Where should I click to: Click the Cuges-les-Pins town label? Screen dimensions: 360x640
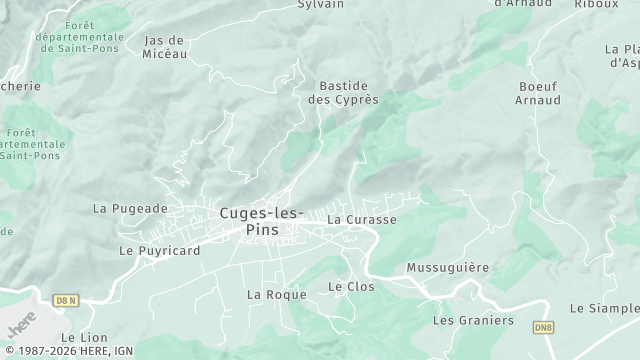coord(262,221)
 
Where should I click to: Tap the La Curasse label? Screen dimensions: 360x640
coord(362,219)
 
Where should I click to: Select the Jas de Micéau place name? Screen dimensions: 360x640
coord(166,47)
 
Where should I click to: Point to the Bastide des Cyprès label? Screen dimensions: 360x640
coord(343,93)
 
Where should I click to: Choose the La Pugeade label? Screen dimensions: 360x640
coord(130,209)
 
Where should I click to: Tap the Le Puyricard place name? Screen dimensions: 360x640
coord(159,250)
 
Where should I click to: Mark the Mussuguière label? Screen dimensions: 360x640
coord(447,268)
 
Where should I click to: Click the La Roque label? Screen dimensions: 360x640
coord(268,295)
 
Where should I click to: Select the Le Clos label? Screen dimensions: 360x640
coord(350,287)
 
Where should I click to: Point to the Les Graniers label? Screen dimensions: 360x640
coord(472,321)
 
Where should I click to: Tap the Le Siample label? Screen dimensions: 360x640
coord(604,309)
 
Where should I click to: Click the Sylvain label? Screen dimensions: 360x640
coord(321,5)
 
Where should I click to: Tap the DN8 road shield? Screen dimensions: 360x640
coord(543,327)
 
